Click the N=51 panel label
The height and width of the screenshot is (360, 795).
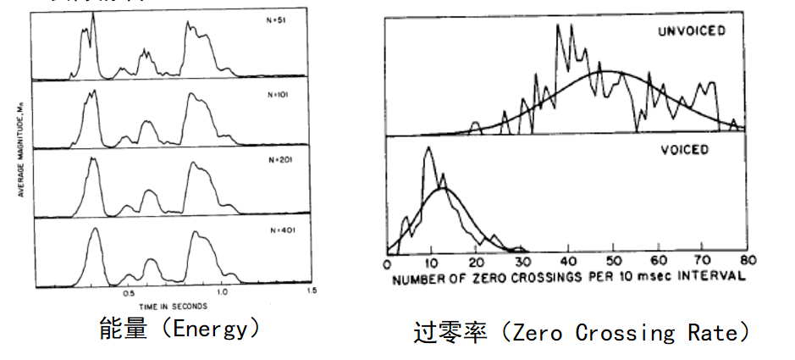275,21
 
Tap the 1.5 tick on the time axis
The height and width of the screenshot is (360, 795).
312,291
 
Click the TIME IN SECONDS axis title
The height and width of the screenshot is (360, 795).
174,304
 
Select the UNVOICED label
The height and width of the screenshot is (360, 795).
693,31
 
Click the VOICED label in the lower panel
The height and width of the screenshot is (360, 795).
685,150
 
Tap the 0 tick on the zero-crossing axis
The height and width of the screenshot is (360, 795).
387,260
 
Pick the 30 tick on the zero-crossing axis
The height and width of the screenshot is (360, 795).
522,260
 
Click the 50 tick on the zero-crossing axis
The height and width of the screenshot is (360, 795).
612,260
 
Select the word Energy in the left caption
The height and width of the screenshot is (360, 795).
209,329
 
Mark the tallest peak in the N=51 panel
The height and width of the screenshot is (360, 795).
92,14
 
